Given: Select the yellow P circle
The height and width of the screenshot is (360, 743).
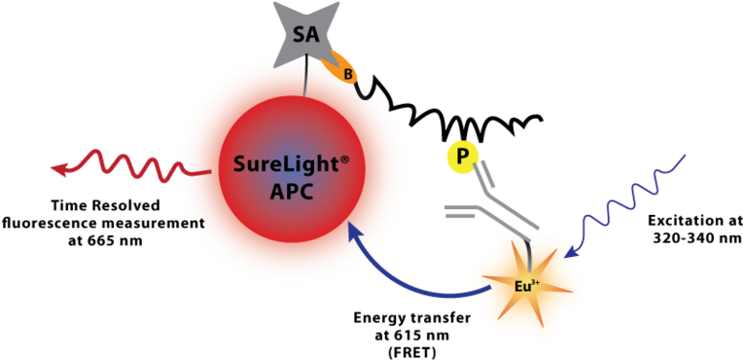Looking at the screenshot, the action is tap(459, 158).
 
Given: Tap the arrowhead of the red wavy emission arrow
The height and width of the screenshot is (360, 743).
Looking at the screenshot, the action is tap(59, 168).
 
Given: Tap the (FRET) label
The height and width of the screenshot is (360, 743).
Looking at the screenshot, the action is tap(411, 352).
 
